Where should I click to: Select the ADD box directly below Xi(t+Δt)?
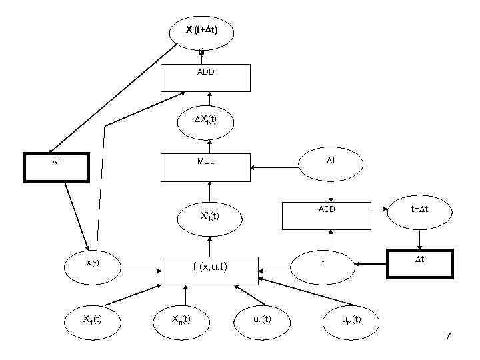click(x=205, y=77)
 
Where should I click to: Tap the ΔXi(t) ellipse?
click(x=205, y=121)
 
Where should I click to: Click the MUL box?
click(x=205, y=167)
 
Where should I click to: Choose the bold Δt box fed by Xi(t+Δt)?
click(x=56, y=167)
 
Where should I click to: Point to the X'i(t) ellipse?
click(x=209, y=215)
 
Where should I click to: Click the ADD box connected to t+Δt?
click(x=327, y=215)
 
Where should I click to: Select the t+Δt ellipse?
click(x=419, y=210)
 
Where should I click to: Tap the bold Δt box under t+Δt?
click(x=419, y=264)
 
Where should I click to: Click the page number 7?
click(x=448, y=337)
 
